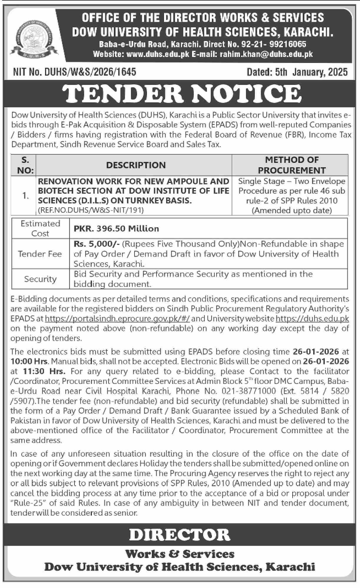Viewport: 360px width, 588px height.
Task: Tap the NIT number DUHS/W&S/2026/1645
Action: pos(74,72)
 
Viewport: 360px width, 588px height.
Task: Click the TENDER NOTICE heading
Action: pos(183,94)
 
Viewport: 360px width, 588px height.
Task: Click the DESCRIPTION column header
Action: pos(136,165)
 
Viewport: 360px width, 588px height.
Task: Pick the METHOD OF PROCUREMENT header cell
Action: pos(291,165)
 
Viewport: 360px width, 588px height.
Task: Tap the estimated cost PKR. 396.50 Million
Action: pos(116,228)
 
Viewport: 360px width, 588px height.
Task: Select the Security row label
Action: pos(40,279)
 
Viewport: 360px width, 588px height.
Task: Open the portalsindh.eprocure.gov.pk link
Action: pos(117,319)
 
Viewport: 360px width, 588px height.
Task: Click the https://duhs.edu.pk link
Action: pos(312,319)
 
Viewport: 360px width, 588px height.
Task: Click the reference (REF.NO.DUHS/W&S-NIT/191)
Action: pos(91,210)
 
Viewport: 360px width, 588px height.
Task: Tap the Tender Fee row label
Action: pos(40,254)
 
